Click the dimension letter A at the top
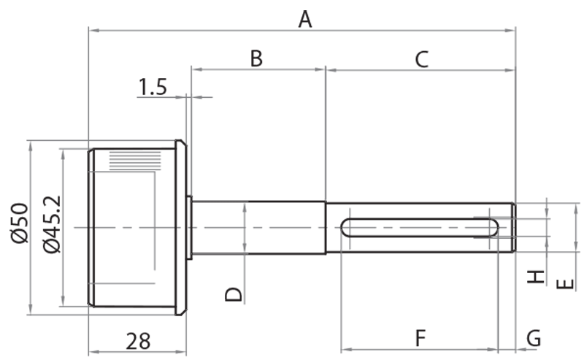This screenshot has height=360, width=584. (305, 18)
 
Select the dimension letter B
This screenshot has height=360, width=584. (255, 58)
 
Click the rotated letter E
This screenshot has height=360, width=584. (564, 283)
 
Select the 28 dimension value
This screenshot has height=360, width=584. (137, 340)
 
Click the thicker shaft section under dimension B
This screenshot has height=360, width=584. (258, 227)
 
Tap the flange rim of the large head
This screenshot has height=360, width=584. (181, 227)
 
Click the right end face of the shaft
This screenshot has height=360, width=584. (513, 227)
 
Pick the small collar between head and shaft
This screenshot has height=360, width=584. (189, 227)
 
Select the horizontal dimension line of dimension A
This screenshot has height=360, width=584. (219, 30)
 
